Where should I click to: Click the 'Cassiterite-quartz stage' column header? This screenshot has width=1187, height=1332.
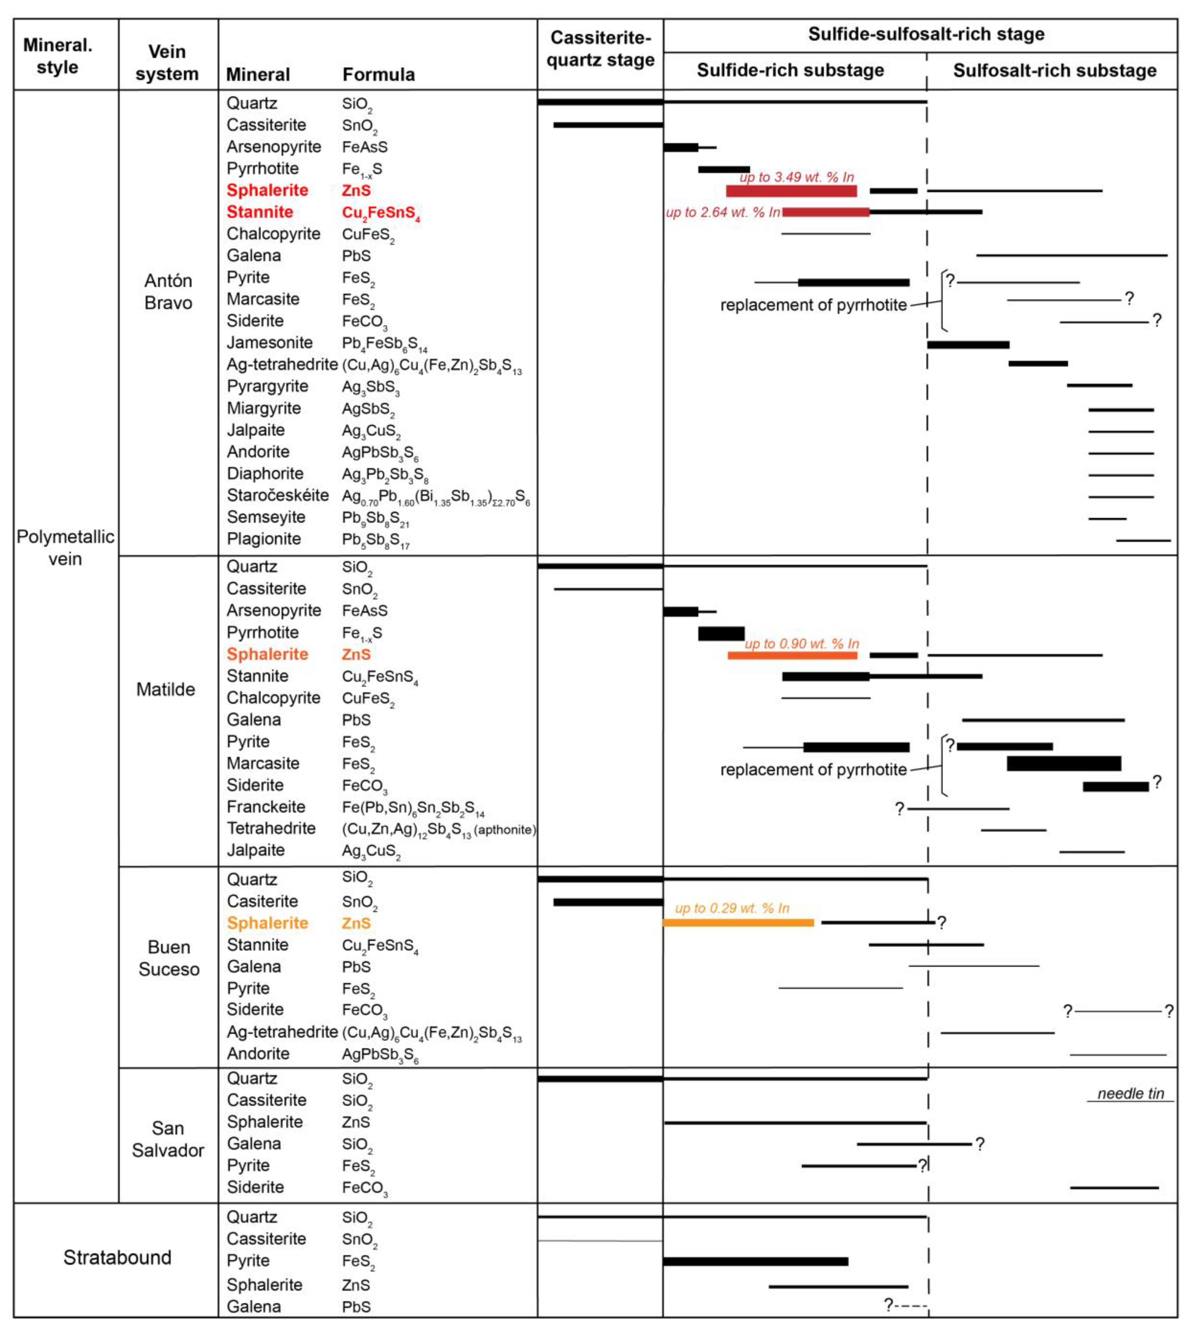point(600,49)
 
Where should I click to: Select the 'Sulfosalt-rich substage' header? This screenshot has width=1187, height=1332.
point(1054,71)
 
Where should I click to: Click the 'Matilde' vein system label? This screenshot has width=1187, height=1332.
point(166,690)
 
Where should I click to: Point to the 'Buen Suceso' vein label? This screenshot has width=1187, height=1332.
point(168,957)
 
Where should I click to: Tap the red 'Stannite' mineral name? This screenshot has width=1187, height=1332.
point(259,212)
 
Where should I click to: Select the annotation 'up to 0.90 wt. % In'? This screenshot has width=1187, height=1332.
point(801,644)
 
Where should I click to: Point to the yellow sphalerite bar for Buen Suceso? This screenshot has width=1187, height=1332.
point(738,922)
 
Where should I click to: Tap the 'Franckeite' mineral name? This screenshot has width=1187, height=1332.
point(266,807)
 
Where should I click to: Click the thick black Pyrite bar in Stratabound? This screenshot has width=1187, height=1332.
point(755,1261)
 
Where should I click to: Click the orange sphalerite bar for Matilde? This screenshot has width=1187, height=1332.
point(793,655)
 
